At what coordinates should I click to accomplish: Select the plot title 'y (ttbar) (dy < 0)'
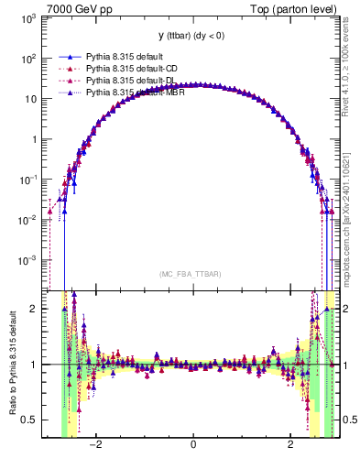pos(192,36)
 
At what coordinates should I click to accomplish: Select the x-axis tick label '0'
pos(192,445)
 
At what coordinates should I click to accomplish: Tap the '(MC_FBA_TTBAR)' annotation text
pos(192,274)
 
